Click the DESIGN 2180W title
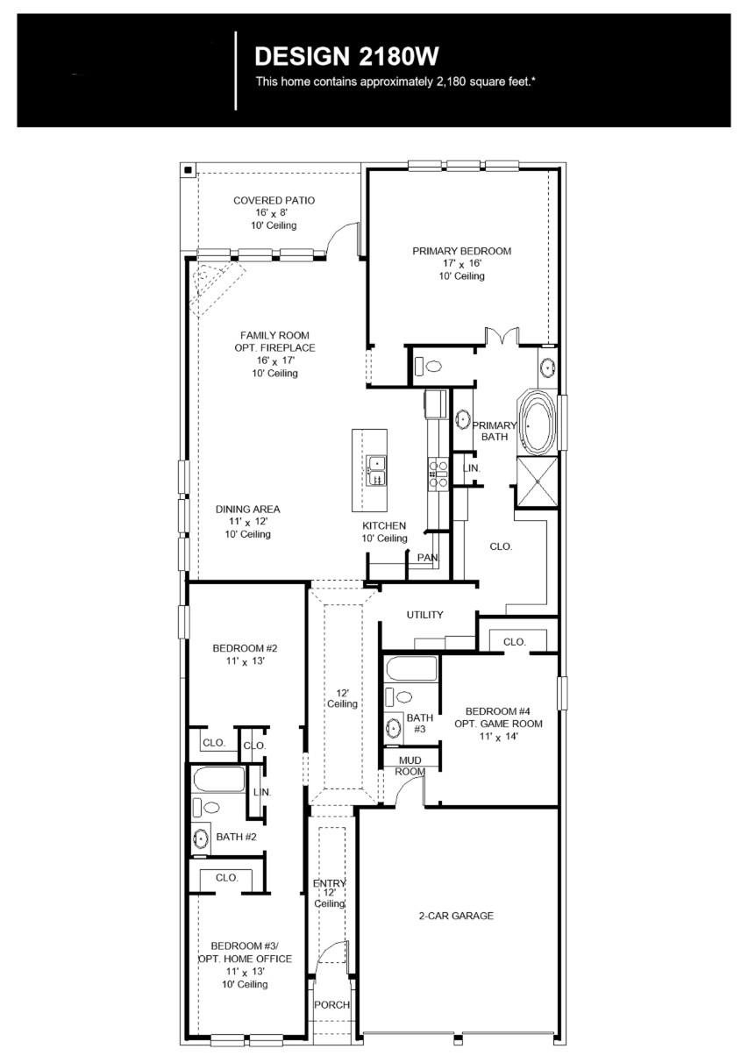pos(346,57)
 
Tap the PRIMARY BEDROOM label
pos(461,251)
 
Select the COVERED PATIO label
pos(274,201)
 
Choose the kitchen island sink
pos(376,471)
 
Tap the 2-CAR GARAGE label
pos(455,916)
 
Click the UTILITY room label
pos(424,615)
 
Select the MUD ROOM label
pos(410,766)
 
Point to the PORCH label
pos(332,1005)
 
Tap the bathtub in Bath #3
pos(410,669)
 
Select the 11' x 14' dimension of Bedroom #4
pos(497,737)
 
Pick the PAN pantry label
pos(427,558)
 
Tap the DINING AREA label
pos(247,509)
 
